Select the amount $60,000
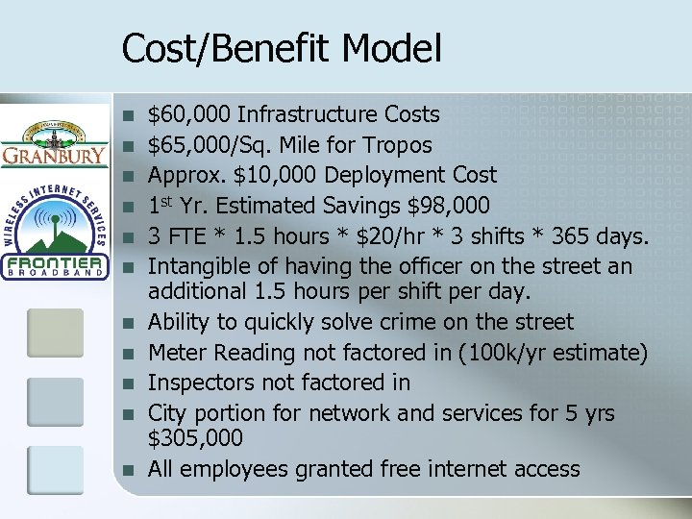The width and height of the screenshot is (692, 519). pos(189,115)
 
